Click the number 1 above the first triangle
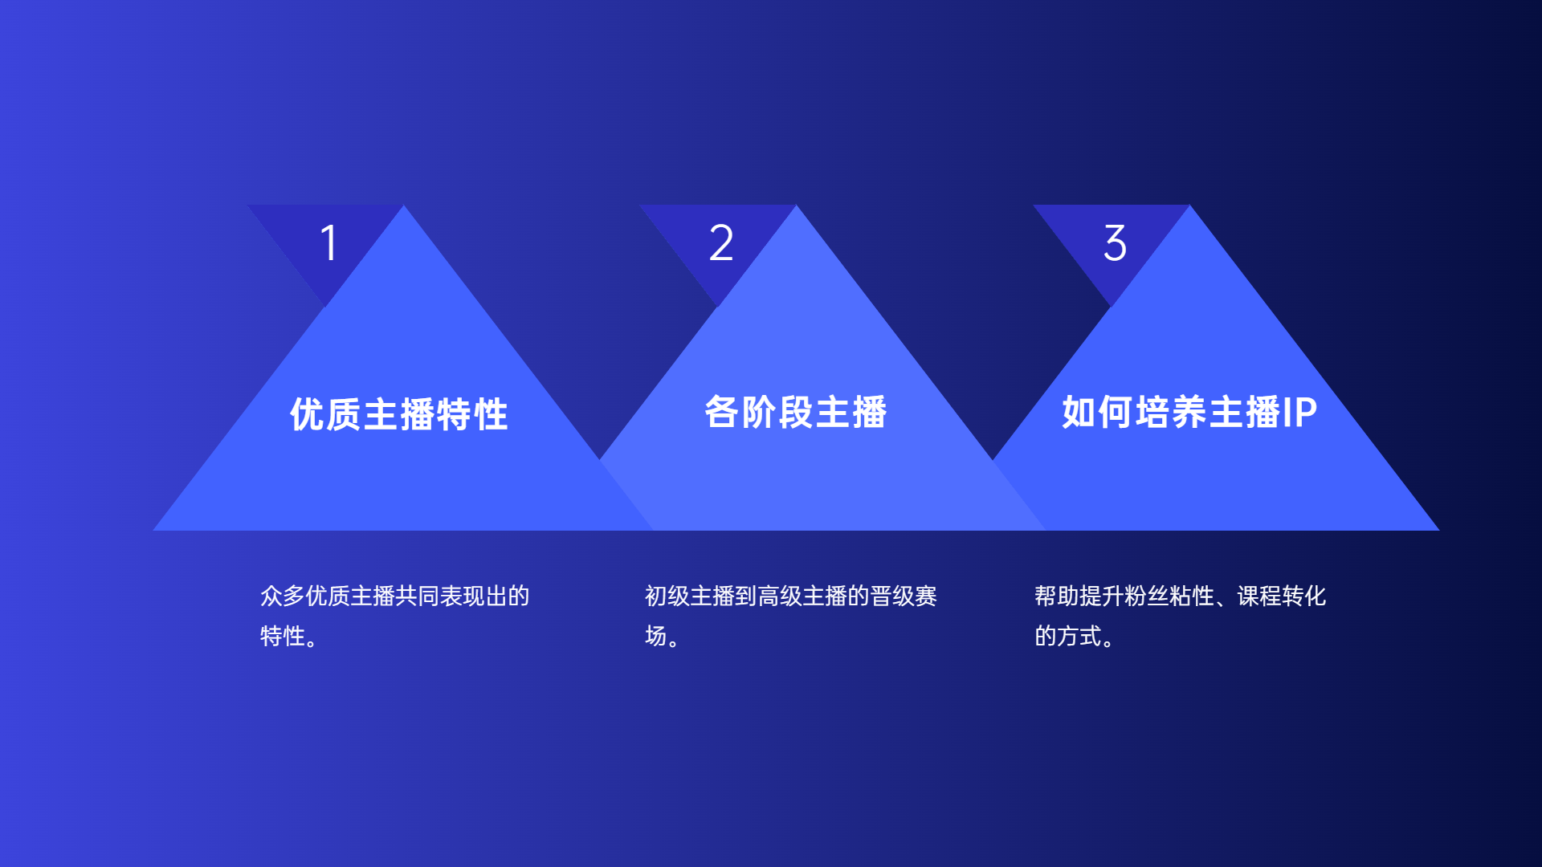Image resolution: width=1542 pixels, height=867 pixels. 329,242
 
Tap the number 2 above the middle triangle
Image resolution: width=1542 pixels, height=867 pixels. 721,242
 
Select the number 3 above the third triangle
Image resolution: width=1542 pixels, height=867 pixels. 1115,242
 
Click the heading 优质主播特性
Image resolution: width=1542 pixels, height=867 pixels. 399,414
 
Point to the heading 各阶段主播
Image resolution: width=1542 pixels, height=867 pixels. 795,412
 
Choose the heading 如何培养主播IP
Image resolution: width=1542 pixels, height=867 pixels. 1189,412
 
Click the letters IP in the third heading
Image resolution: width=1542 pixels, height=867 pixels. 1300,412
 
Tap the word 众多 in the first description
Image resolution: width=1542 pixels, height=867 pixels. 283,596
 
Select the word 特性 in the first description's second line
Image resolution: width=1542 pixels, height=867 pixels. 283,636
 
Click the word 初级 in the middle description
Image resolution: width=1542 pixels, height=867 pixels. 667,596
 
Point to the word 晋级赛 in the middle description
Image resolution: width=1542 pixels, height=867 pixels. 904,596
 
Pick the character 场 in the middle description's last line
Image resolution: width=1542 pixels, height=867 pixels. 656,636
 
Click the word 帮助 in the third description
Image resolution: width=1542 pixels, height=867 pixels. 1057,596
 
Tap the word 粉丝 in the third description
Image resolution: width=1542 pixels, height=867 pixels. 1147,596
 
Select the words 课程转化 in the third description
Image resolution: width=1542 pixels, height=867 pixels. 1282,596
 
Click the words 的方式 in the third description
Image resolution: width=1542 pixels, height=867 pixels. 1068,636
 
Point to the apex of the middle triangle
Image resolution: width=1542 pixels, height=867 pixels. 797,206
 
